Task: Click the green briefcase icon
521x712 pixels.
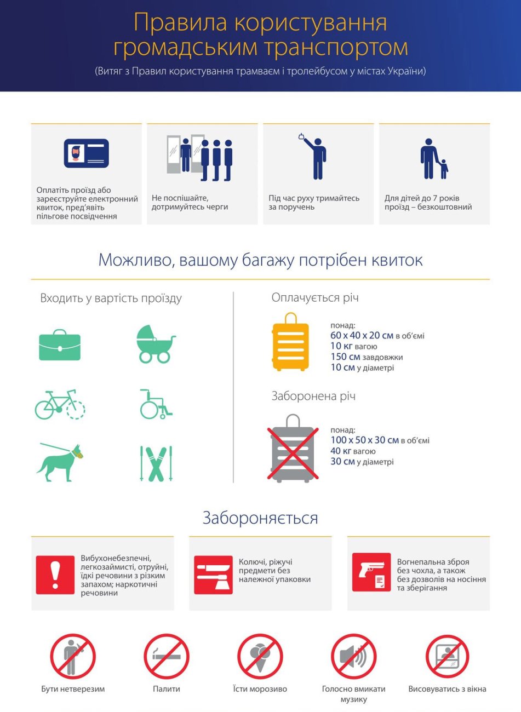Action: pos(60,345)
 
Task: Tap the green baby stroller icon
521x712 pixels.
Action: pos(156,344)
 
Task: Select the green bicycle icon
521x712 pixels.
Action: pos(60,405)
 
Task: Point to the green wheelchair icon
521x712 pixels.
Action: pos(156,404)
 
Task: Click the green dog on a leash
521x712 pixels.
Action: pos(60,463)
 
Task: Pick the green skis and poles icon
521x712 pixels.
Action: pos(156,463)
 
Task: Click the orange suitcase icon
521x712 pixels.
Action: pos(290,342)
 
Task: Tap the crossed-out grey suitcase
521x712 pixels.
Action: pos(293,448)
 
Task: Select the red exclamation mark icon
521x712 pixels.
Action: pos(55,575)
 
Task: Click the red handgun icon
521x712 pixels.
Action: pos(371,572)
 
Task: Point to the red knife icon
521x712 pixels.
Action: pos(213,575)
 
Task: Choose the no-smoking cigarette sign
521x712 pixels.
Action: pos(167,657)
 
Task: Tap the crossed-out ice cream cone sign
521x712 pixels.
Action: pos(260,657)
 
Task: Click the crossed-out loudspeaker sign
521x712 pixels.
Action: pos(353,657)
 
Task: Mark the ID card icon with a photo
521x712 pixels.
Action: pos(86,153)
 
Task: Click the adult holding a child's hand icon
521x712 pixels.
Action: pos(433,159)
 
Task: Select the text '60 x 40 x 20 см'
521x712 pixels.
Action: pos(362,335)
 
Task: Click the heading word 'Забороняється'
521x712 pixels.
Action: pos(260,518)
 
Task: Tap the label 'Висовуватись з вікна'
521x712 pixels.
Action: pos(447,689)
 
